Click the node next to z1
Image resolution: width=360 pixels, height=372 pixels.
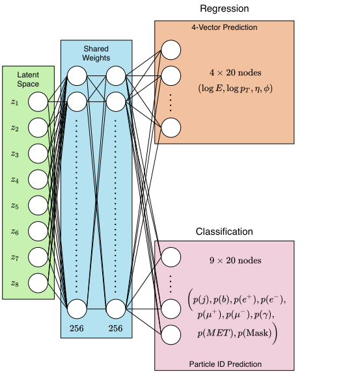[38, 102]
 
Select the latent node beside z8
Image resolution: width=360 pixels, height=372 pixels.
[38, 282]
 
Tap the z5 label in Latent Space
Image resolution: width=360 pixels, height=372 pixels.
[15, 206]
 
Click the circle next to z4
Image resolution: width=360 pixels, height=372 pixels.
[38, 179]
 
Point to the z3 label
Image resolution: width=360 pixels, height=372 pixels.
[15, 154]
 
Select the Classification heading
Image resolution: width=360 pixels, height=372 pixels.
[224, 232]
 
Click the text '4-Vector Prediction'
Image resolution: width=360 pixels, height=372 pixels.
[225, 28]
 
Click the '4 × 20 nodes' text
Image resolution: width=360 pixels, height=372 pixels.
[225, 72]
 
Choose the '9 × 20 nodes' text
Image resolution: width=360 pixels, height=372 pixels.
[225, 261]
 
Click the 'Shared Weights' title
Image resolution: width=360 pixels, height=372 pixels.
[96, 53]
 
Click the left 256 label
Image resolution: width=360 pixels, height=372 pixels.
[77, 328]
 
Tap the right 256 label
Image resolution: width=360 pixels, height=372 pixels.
[115, 328]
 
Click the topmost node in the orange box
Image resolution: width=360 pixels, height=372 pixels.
[171, 49]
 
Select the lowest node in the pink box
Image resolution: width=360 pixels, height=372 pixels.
[171, 334]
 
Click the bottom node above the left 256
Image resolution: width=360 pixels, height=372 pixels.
[77, 308]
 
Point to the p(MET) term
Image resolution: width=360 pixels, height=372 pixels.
[212, 334]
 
